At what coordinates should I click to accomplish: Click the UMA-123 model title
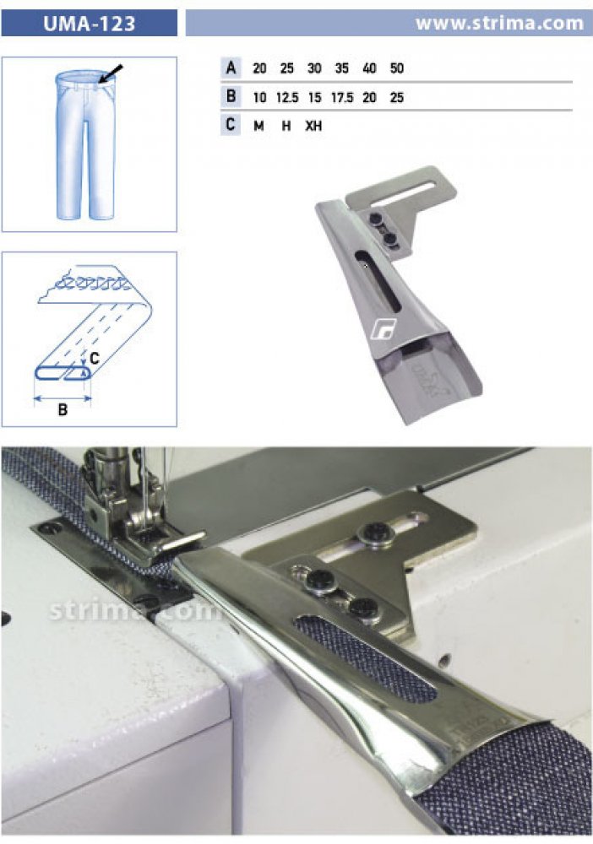point(89,24)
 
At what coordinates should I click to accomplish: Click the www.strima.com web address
point(500,23)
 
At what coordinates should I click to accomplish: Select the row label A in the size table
point(231,68)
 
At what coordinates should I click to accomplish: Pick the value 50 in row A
point(397,68)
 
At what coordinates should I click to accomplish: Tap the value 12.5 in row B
point(287,97)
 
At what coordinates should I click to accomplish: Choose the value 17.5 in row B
point(342,97)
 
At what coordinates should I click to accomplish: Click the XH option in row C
point(313,126)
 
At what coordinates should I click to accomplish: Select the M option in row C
point(258,126)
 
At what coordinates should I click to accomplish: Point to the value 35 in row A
point(342,68)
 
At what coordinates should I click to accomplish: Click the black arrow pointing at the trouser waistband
point(111,73)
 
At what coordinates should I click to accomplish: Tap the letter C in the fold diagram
point(94,358)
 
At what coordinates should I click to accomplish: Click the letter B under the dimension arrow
point(63,409)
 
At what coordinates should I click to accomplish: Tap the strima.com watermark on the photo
point(134,610)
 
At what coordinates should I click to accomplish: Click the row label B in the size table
point(231,97)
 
